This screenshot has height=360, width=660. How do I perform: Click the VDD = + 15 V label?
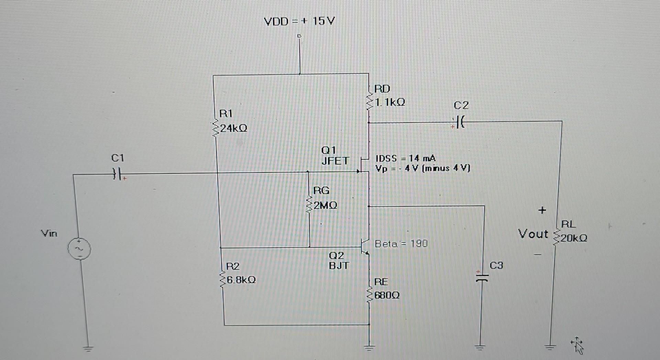pos(299,22)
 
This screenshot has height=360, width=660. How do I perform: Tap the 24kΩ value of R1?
pos(233,129)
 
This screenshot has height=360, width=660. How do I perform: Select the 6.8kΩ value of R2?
pos(241,280)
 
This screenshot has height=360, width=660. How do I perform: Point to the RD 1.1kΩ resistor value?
pos(390,102)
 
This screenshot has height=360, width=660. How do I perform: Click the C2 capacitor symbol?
pos(460,122)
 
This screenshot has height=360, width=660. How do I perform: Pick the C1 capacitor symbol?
pos(117,175)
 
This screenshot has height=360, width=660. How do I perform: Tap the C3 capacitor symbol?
pos(482,277)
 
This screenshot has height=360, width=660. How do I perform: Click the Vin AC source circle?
pos(80,248)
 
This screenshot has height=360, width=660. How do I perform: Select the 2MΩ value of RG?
pos(325,206)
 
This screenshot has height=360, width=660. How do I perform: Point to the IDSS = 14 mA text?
pos(406,159)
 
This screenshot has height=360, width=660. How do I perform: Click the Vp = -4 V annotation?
pos(422,168)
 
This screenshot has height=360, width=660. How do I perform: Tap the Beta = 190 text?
pos(401,244)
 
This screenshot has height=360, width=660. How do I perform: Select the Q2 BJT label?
pos(339,260)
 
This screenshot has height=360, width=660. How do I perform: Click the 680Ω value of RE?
pos(387,295)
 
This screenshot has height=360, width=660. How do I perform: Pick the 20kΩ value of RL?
pos(574,238)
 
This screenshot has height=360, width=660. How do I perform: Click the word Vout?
pos(533,234)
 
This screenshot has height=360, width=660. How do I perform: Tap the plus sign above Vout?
pos(542,210)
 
